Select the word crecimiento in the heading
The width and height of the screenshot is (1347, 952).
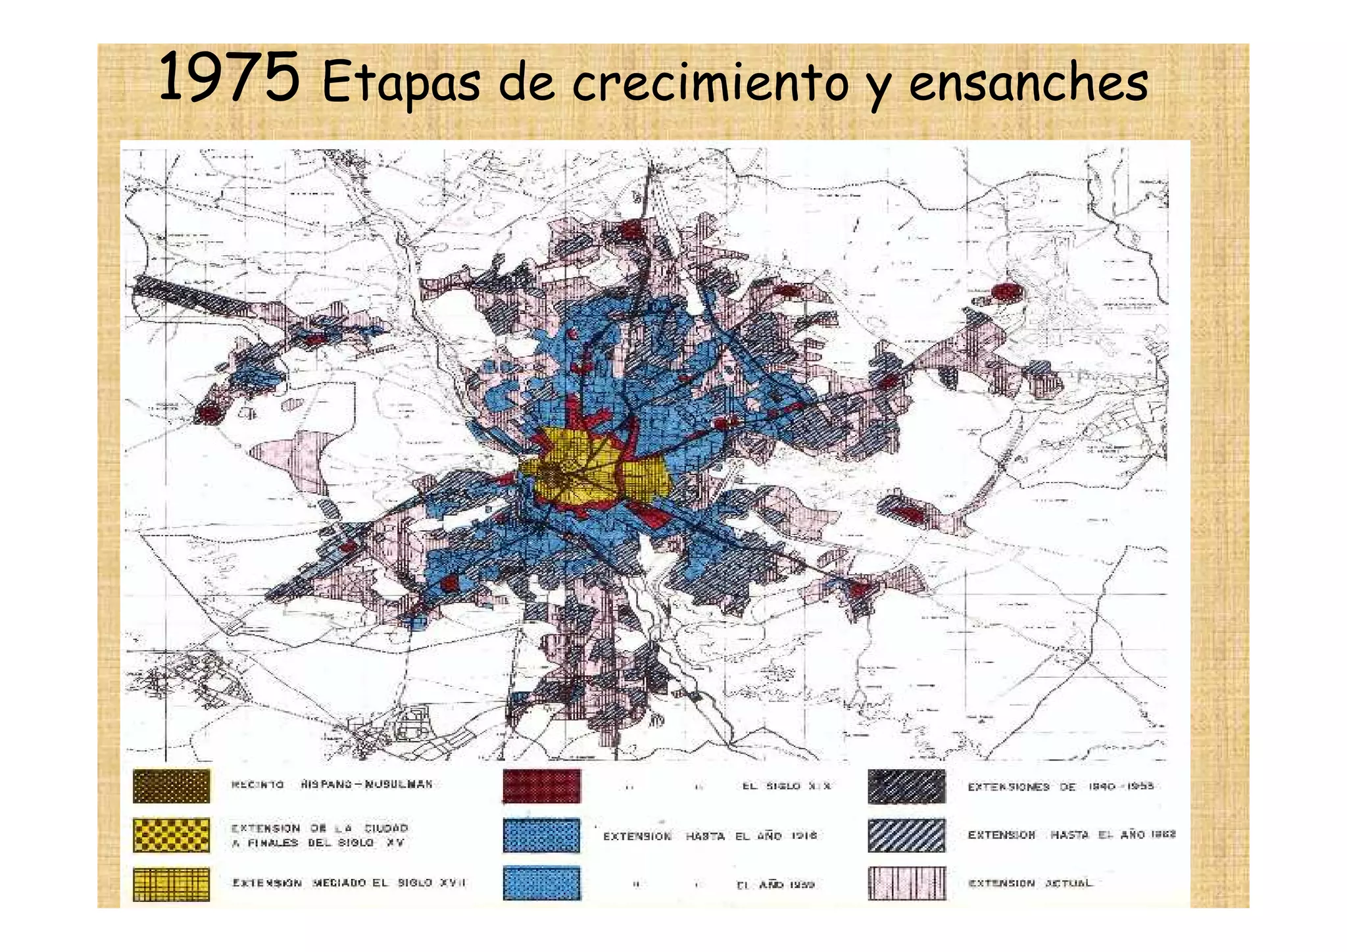tap(710, 84)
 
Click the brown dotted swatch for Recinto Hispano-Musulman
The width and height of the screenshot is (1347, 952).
tap(171, 786)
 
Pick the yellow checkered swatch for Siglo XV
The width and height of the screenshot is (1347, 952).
tap(171, 835)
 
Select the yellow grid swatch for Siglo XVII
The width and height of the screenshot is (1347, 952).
tap(171, 884)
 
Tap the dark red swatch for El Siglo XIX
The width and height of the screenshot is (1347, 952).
tap(541, 786)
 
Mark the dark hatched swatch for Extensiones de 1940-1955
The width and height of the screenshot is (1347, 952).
tap(906, 786)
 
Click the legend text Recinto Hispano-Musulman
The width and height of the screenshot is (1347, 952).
tap(332, 784)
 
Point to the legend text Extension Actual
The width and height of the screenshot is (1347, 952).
tap(1030, 883)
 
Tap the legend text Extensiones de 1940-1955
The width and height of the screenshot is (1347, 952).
tap(1060, 786)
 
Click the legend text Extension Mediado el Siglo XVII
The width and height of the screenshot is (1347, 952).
tap(349, 883)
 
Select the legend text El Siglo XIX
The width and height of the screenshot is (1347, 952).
tap(787, 786)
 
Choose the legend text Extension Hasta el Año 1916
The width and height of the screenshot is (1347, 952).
tap(710, 836)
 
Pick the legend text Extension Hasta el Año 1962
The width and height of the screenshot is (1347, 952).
tap(1071, 835)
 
